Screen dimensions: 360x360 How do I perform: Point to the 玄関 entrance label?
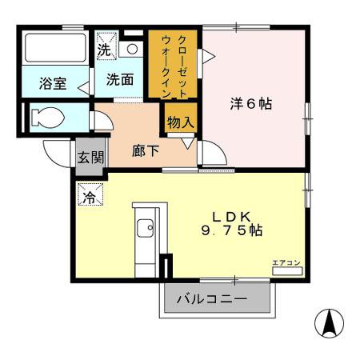pos(90,156)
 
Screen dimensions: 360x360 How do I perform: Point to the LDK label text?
pos(232,216)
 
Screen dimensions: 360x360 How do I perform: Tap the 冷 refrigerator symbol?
pos(90,194)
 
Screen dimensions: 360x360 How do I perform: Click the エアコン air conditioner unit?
pos(287,270)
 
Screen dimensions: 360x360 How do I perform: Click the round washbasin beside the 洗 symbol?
pos(132,48)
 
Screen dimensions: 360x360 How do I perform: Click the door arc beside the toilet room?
pos(101,118)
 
